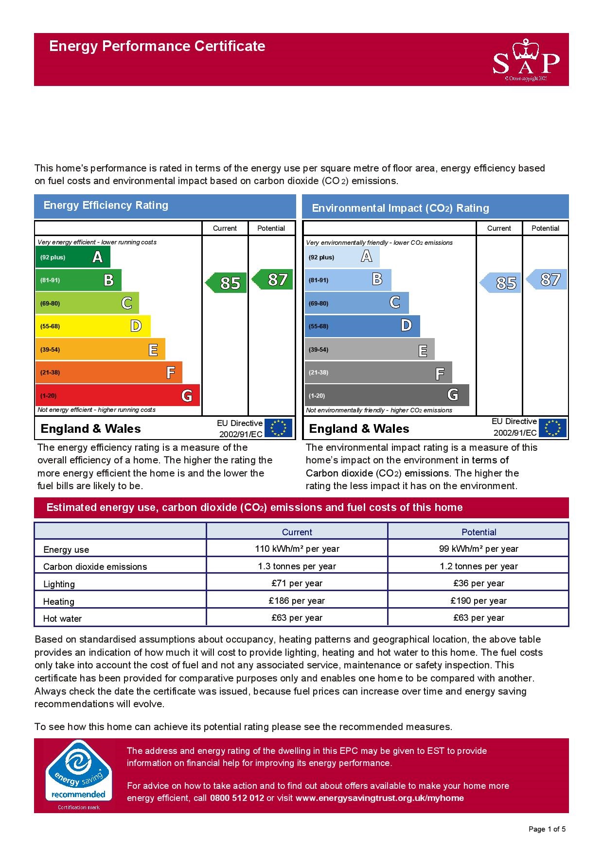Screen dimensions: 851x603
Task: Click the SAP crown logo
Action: [x=526, y=60]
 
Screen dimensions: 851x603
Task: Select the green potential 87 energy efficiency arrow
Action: [x=274, y=279]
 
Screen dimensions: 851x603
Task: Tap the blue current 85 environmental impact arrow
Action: [x=501, y=283]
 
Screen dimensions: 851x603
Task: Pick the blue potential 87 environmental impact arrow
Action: [x=548, y=279]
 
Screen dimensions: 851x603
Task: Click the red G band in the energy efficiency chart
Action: [x=117, y=395]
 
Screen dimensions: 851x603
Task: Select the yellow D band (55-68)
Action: [x=92, y=326]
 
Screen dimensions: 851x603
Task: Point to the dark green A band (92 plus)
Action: [x=72, y=257]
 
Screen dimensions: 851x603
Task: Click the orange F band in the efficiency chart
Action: [x=108, y=373]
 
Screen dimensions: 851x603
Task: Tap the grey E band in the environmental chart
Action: [x=370, y=349]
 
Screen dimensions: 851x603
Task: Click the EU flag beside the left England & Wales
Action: [x=278, y=428]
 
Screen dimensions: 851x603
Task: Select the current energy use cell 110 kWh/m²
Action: [x=297, y=548]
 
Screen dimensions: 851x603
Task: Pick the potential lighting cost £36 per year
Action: [x=479, y=583]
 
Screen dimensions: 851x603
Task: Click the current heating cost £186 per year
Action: [x=297, y=600]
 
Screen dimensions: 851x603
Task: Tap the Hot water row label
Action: [x=62, y=618]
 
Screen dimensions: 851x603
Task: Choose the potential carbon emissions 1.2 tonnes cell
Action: [x=479, y=566]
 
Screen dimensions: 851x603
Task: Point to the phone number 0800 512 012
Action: [x=237, y=798]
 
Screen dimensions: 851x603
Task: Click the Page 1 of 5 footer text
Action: [x=547, y=829]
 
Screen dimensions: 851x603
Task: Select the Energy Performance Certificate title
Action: [x=157, y=46]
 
